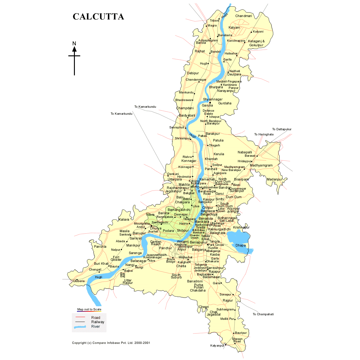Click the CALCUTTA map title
(98, 17)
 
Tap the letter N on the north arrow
(74, 44)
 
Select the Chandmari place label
(243, 16)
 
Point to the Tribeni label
(214, 21)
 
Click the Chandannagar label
(196, 80)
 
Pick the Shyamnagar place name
(213, 99)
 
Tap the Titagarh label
(214, 145)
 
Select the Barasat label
(250, 156)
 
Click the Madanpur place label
(274, 179)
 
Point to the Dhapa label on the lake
(240, 245)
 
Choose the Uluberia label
(79, 281)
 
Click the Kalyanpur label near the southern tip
(217, 346)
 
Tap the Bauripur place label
(241, 333)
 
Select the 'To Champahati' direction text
(263, 314)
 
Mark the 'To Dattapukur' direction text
(282, 129)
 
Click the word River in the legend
(96, 327)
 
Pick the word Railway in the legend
(98, 322)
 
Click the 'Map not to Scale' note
(89, 309)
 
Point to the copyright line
(111, 343)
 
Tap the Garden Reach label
(156, 243)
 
